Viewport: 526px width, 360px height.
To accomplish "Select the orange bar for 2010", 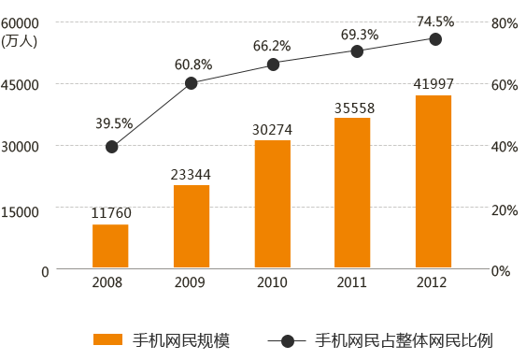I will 272,205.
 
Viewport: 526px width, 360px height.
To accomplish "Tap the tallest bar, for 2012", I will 434,182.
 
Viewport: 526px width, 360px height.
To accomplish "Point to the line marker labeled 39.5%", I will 111,147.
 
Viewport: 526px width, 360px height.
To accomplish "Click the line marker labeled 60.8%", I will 192,83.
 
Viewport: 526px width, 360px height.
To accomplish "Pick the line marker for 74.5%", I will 435,39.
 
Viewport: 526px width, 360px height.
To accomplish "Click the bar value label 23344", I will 191,174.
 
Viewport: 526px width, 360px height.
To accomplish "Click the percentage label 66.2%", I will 272,45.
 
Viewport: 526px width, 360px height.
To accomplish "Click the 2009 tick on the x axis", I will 191,282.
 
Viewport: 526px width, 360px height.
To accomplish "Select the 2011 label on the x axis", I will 352,282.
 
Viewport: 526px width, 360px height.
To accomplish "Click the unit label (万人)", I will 20,39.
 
